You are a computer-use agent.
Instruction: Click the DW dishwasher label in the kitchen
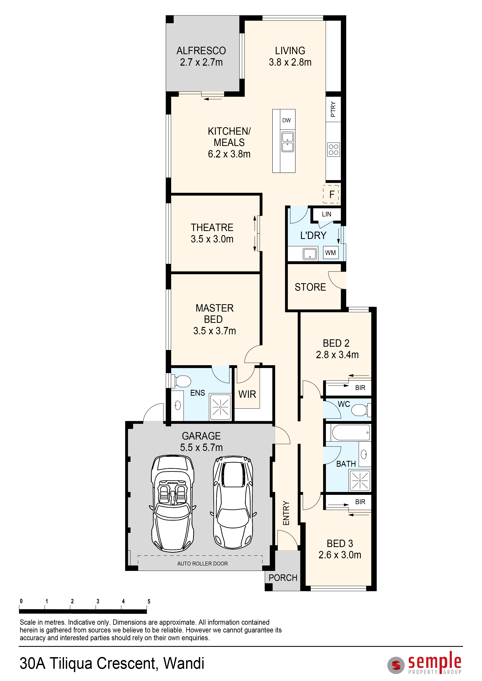[x=286, y=120]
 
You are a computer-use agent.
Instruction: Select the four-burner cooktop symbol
[x=334, y=149]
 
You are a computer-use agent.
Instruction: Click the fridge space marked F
[x=331, y=194]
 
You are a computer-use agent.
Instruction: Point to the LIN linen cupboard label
[x=326, y=214]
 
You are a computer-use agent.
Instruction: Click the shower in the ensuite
[x=220, y=407]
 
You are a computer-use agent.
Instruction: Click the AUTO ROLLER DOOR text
[x=202, y=564]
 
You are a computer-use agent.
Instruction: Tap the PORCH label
[x=283, y=578]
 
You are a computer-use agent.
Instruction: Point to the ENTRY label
[x=286, y=513]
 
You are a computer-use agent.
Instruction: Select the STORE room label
[x=310, y=287]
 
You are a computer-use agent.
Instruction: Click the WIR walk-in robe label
[x=247, y=394]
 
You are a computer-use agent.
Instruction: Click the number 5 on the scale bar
[x=149, y=601]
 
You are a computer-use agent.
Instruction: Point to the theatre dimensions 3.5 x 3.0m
[x=212, y=239]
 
